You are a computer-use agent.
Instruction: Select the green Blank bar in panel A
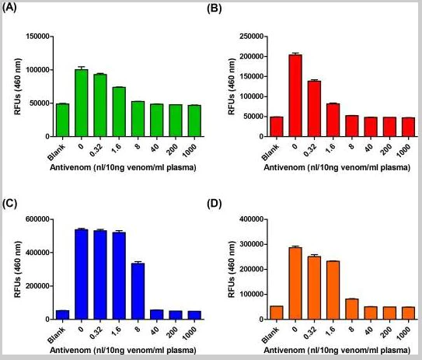coord(62,120)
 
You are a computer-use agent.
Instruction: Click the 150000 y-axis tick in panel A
coord(37,36)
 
